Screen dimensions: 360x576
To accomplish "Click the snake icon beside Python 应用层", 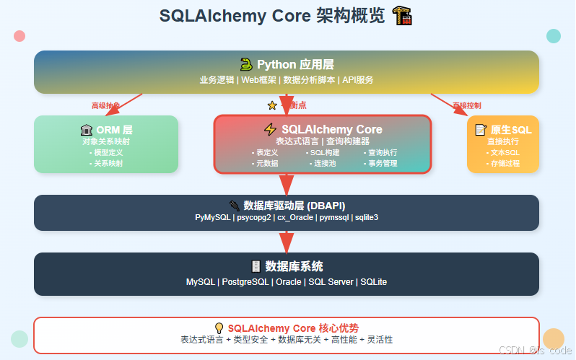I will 246,64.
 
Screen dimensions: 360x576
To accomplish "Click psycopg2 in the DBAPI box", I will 254,217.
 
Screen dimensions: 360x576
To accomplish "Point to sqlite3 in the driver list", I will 365,217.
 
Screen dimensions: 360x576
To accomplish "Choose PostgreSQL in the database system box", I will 247,281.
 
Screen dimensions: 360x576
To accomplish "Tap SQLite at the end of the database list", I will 373,281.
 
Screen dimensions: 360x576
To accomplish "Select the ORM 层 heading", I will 114,130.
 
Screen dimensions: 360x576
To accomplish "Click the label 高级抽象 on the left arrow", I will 105,105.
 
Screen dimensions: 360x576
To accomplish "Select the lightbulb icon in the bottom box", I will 219,328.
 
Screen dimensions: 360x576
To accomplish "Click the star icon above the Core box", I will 272,105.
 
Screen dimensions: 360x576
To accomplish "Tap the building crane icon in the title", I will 401,15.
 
